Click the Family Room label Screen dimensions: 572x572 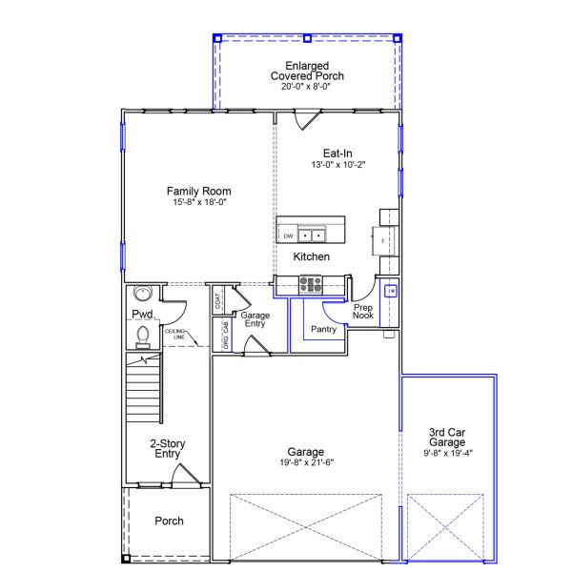pyautogui.click(x=199, y=191)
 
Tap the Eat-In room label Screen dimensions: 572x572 pyautogui.click(x=337, y=153)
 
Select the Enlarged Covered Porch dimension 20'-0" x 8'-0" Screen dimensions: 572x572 pyautogui.click(x=306, y=87)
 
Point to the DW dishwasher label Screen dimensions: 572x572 pyautogui.click(x=288, y=235)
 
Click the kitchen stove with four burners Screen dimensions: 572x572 pyautogui.click(x=311, y=282)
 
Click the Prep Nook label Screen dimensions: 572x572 pyautogui.click(x=363, y=312)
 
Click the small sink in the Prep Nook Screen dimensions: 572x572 pyautogui.click(x=390, y=290)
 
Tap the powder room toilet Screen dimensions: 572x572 pyautogui.click(x=143, y=335)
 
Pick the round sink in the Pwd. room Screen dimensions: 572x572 pyautogui.click(x=144, y=294)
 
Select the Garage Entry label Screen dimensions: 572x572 pyautogui.click(x=254, y=319)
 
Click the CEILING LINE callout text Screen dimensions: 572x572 pyautogui.click(x=175, y=334)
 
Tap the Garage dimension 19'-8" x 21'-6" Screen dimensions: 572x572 pyautogui.click(x=305, y=463)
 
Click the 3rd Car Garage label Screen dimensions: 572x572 pyautogui.click(x=446, y=437)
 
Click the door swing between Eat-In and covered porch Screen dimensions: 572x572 pyautogui.click(x=307, y=121)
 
